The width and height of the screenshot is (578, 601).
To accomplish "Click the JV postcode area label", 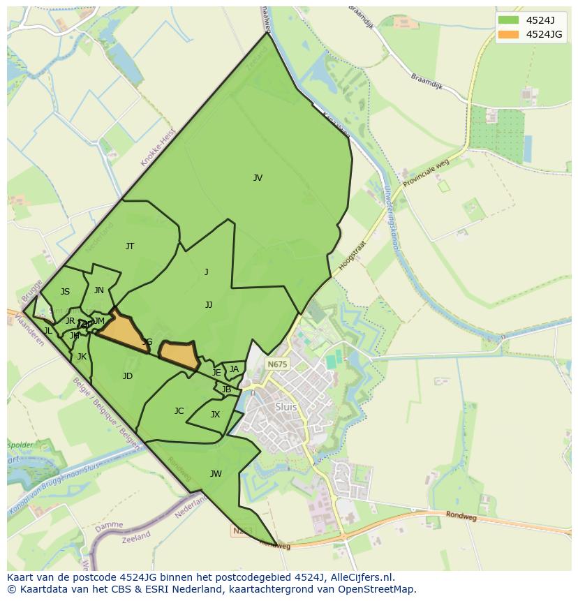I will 258,178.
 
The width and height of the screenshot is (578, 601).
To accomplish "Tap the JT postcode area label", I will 130,246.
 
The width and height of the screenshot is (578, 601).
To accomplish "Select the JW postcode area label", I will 216,474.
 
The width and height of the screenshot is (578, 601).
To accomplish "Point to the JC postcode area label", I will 179,411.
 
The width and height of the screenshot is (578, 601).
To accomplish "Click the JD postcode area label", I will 127,376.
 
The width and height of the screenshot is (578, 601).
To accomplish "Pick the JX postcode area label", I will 215,415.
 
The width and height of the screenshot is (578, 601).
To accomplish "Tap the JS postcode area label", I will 65,292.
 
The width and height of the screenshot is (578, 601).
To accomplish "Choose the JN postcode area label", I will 99,290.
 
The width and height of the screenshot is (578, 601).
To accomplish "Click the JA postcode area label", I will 234,369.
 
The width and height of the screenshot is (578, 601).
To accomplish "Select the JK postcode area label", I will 82,357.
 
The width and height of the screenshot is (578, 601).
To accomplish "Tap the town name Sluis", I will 286,407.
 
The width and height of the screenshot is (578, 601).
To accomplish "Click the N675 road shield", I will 277,364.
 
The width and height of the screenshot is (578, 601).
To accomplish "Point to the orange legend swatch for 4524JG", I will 509,34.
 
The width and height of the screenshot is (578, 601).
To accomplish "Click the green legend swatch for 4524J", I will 509,20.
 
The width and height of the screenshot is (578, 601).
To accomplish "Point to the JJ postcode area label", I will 209,305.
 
